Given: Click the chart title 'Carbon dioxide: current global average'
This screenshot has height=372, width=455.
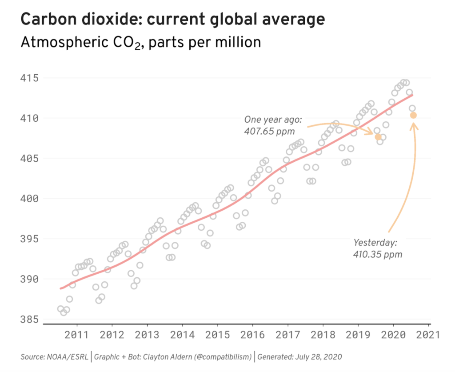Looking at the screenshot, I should tap(172, 20).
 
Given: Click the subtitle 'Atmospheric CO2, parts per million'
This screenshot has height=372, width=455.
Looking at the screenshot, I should tap(140, 43).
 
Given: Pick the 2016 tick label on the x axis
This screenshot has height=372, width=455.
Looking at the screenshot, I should tap(252, 335).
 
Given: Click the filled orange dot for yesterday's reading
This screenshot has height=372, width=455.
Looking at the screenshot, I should tap(413, 115).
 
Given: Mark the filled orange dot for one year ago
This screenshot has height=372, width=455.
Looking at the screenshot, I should tap(378, 137).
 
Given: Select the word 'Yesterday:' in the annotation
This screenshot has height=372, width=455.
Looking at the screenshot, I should tap(375, 243).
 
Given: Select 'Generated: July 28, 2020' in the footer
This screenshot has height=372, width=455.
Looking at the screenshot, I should tap(299, 357).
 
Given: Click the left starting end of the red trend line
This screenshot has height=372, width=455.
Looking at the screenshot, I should tap(61, 288).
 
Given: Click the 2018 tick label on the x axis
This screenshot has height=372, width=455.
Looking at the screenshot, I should tap(323, 335).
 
